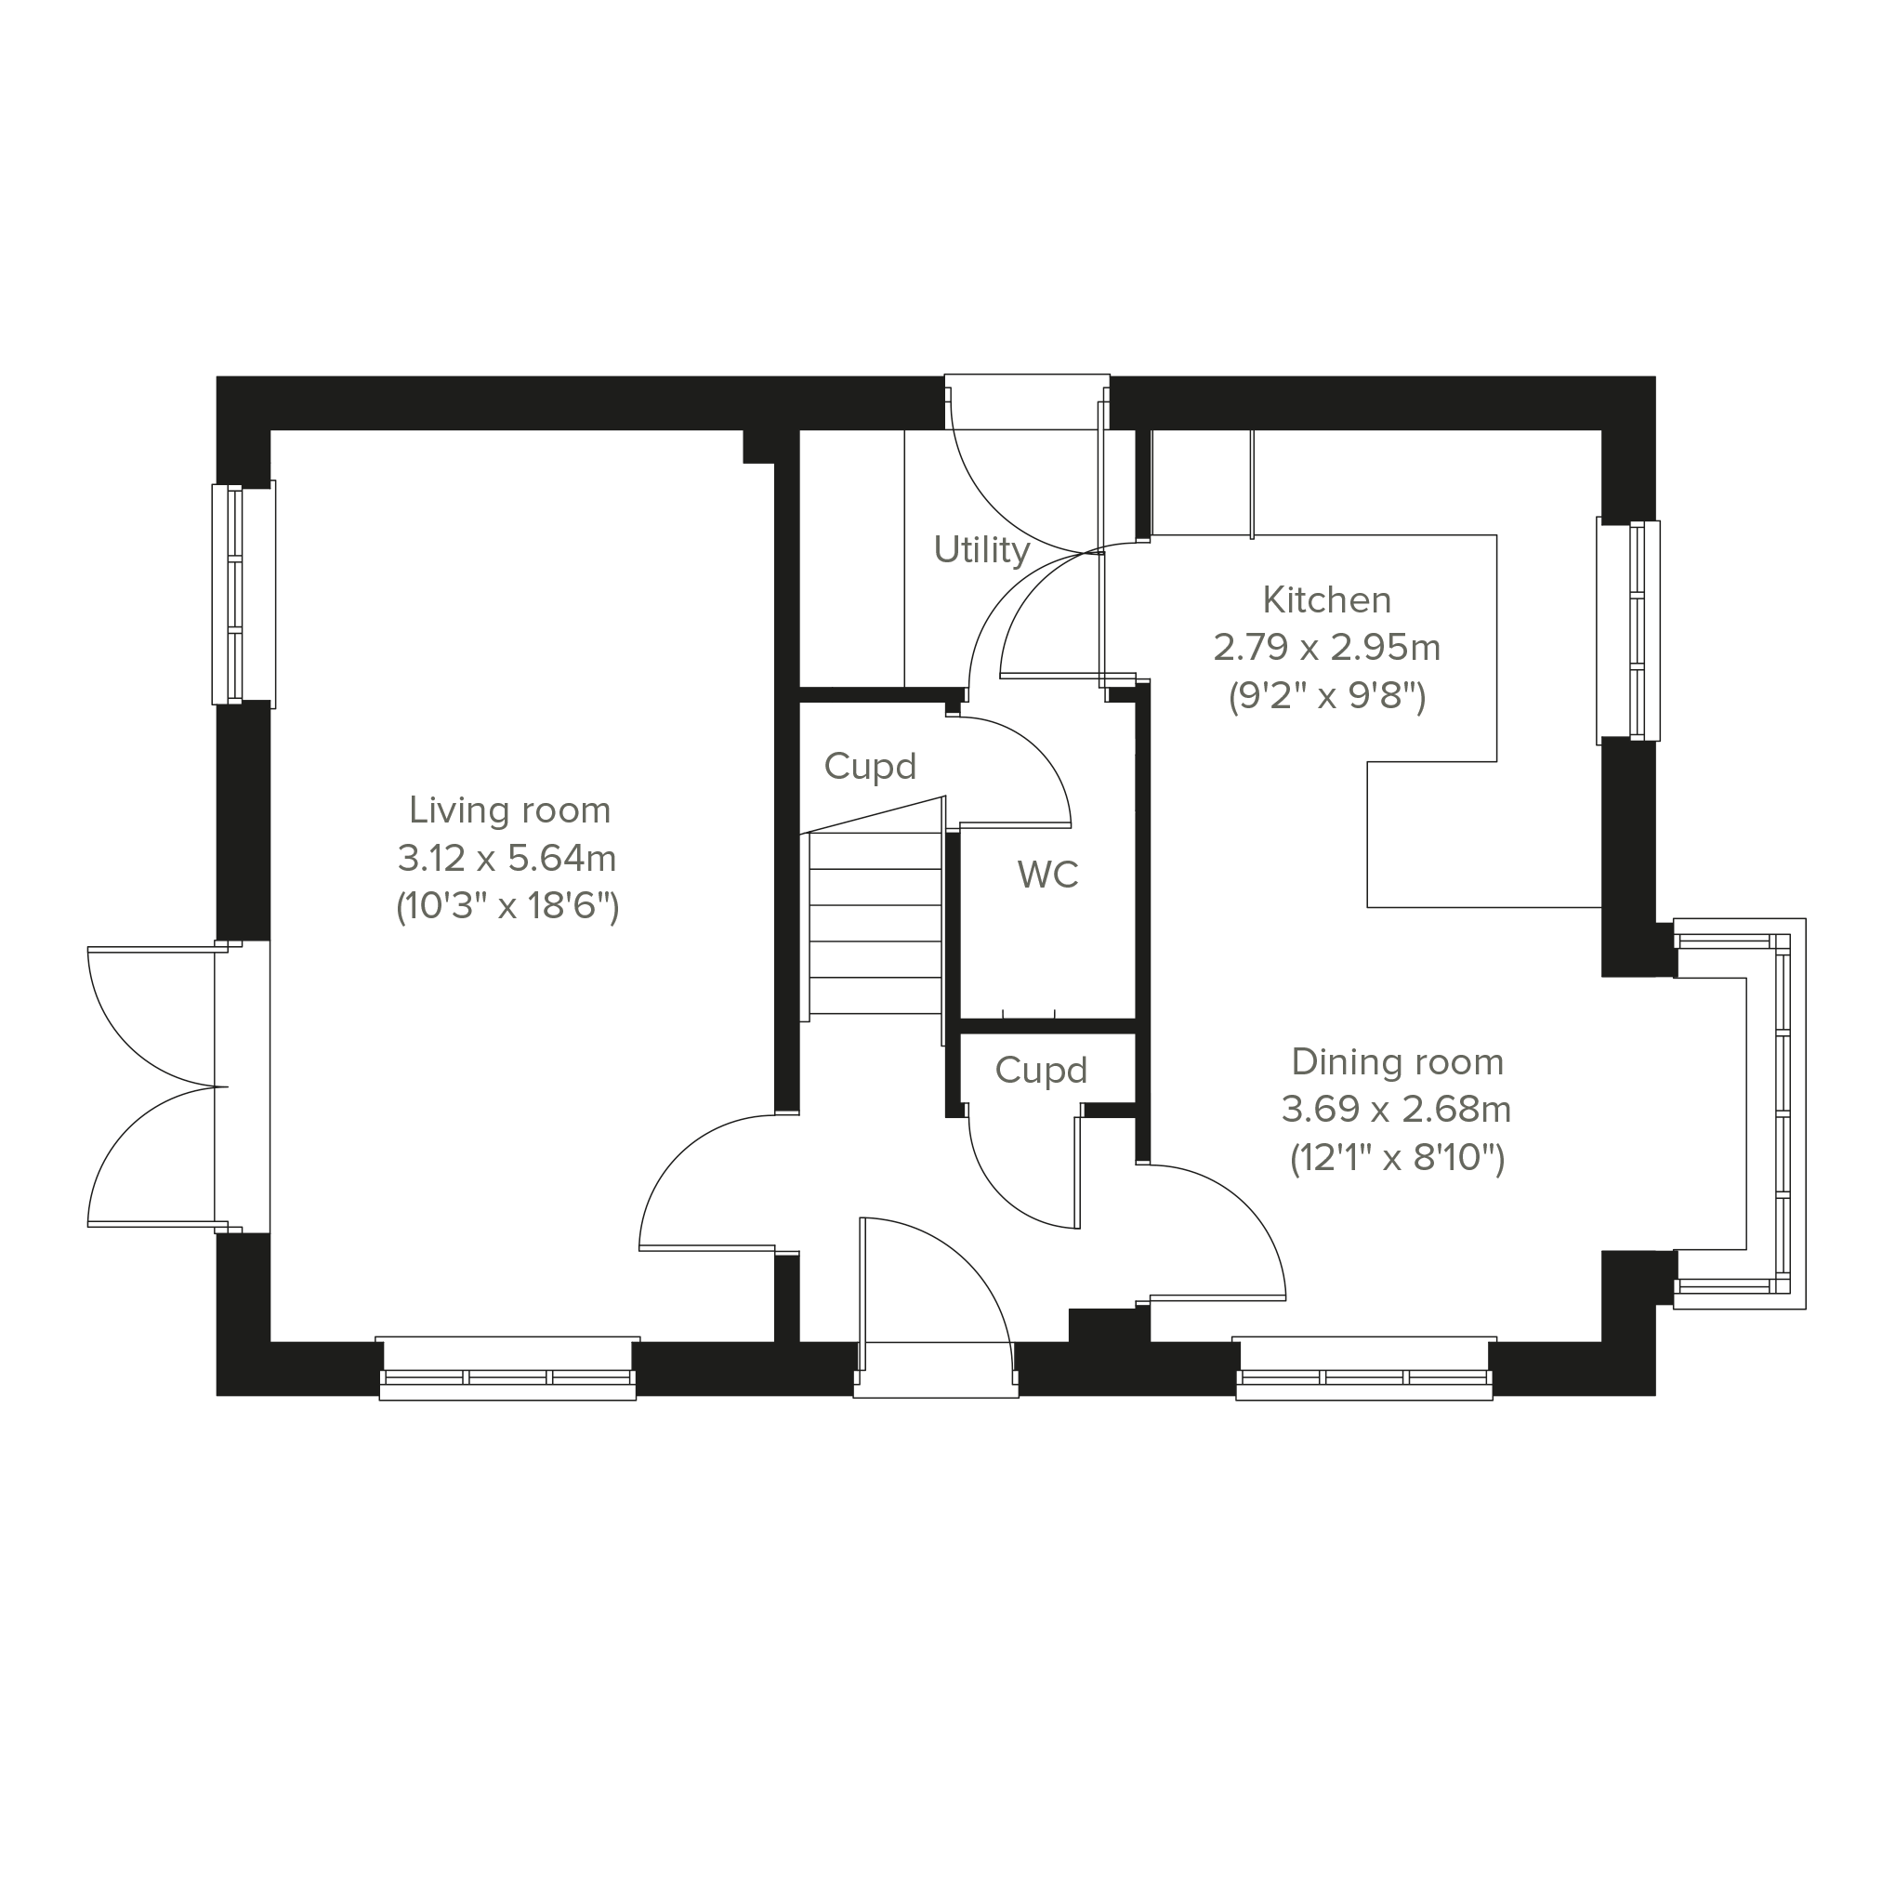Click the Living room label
(x=509, y=810)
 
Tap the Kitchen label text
(x=1327, y=600)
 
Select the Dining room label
(x=1398, y=1061)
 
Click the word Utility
(x=980, y=550)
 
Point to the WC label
(x=1047, y=875)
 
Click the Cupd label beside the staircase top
(x=870, y=767)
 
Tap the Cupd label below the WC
(x=1040, y=1071)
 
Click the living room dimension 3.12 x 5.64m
(x=507, y=858)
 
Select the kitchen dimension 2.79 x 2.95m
(x=1327, y=647)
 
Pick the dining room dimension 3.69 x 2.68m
(x=1396, y=1109)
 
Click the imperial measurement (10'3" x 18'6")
(x=507, y=907)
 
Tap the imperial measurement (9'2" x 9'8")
(x=1327, y=696)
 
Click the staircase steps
(x=875, y=924)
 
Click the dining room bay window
(x=1741, y=1112)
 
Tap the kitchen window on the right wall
(x=1627, y=630)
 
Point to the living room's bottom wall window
(x=507, y=1369)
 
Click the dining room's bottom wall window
(x=1363, y=1369)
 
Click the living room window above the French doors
(x=243, y=594)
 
